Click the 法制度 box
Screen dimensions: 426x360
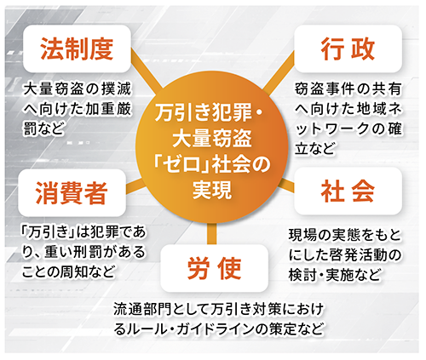[x=77, y=49]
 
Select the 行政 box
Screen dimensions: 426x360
[x=348, y=49]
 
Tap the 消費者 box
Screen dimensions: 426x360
[x=72, y=192]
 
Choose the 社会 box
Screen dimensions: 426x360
[x=348, y=191]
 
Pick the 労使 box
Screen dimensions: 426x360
[x=215, y=268]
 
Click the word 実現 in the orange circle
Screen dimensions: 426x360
[x=212, y=189]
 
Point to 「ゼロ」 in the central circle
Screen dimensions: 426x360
[x=181, y=165]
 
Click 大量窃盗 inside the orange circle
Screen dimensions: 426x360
[x=212, y=139]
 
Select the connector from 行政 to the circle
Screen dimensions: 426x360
[x=279, y=73]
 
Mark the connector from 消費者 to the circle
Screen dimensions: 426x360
[x=135, y=186]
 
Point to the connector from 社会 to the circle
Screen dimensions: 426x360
[x=287, y=185]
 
